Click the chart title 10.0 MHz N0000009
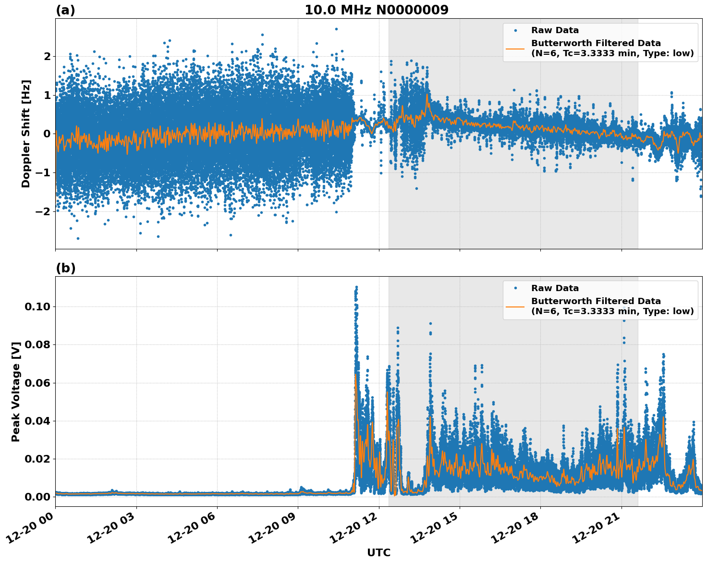377,10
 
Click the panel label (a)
65,10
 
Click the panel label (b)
65,268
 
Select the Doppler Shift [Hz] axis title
26,134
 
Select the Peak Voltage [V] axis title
16,392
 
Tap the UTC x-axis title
378,552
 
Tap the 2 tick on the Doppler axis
47,56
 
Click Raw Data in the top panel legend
555,30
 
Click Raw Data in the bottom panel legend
555,288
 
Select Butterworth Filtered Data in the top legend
596,43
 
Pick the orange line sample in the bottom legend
515,306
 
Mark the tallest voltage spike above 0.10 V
356,289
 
